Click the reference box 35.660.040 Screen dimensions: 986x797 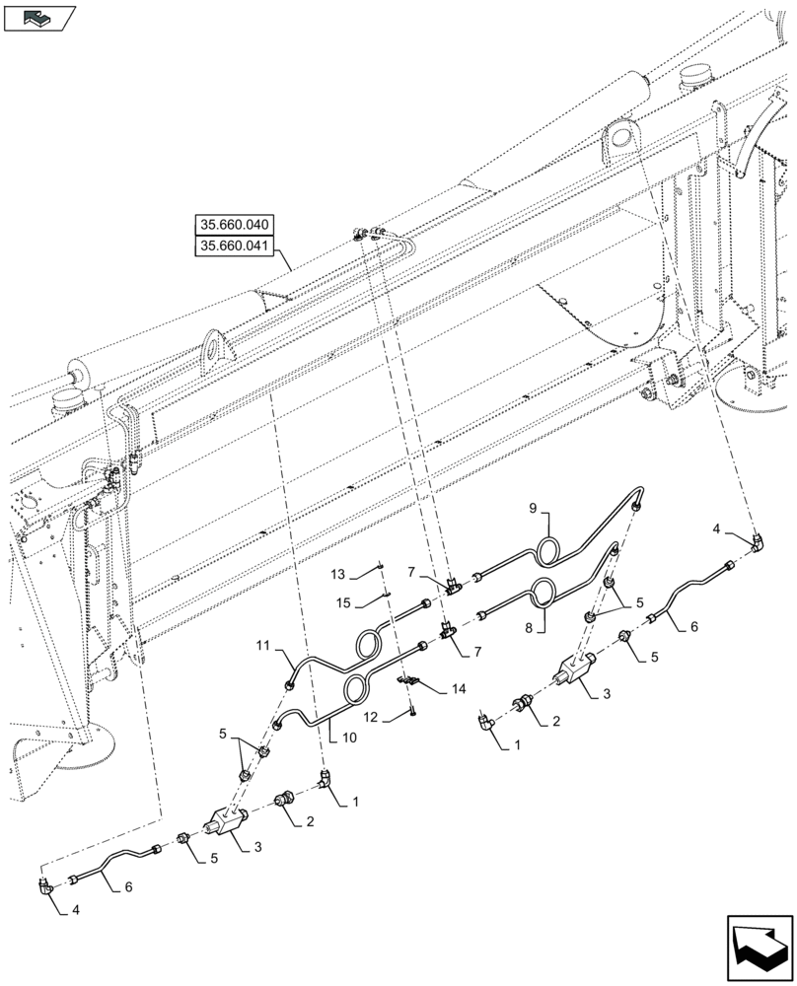(x=234, y=226)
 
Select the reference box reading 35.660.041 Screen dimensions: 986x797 (x=234, y=246)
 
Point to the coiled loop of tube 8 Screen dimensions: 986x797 (x=542, y=596)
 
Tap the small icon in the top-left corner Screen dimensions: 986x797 (x=39, y=17)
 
